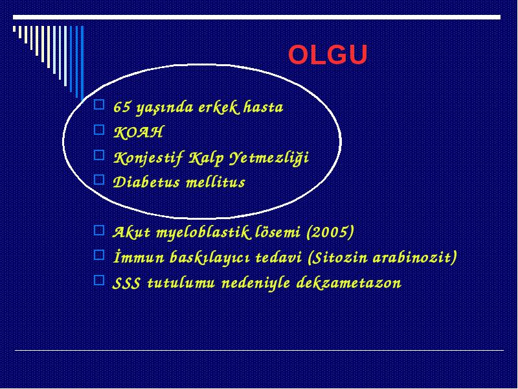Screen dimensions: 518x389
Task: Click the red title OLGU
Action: [x=328, y=54]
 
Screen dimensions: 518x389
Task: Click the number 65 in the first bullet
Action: [x=122, y=107]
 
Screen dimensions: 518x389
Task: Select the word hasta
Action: [x=264, y=107]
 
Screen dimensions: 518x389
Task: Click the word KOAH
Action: [x=139, y=132]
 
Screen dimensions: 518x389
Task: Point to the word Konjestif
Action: [x=148, y=158]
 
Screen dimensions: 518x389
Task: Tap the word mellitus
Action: [x=216, y=182]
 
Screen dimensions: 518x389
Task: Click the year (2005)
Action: [x=330, y=232]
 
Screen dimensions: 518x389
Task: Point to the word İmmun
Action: [x=139, y=257]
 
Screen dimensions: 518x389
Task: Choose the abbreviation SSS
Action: [x=126, y=283]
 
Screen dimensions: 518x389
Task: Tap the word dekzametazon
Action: [x=349, y=283]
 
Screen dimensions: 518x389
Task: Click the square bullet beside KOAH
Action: [x=99, y=130]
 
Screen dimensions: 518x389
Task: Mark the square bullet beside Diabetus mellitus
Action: [x=99, y=180]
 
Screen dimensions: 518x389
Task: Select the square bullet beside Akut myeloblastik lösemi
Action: [x=99, y=230]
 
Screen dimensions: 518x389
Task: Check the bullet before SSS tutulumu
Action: [x=99, y=281]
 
